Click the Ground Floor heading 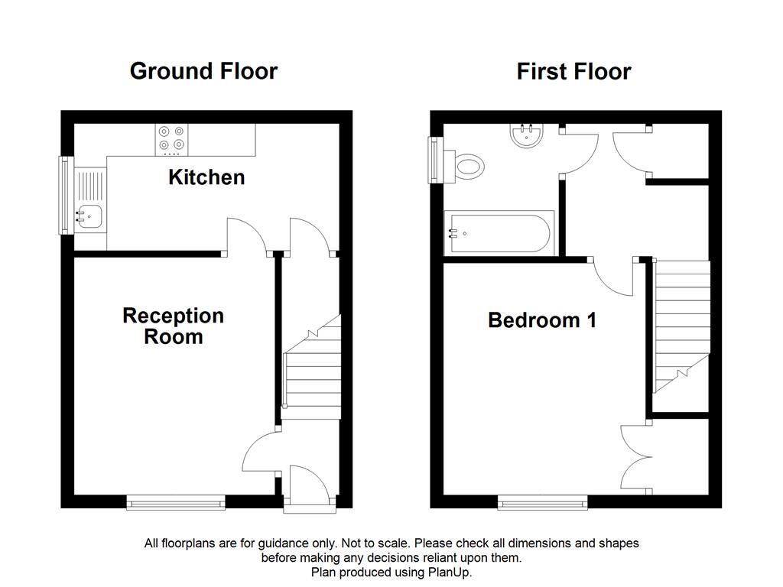203,71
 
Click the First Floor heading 573,72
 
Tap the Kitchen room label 206,177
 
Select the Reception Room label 173,326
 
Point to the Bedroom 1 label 542,320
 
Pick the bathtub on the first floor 497,235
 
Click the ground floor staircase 312,375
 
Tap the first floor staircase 681,325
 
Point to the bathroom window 436,161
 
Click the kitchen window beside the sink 66,196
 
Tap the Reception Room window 177,502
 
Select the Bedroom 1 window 543,502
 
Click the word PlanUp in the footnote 451,572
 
